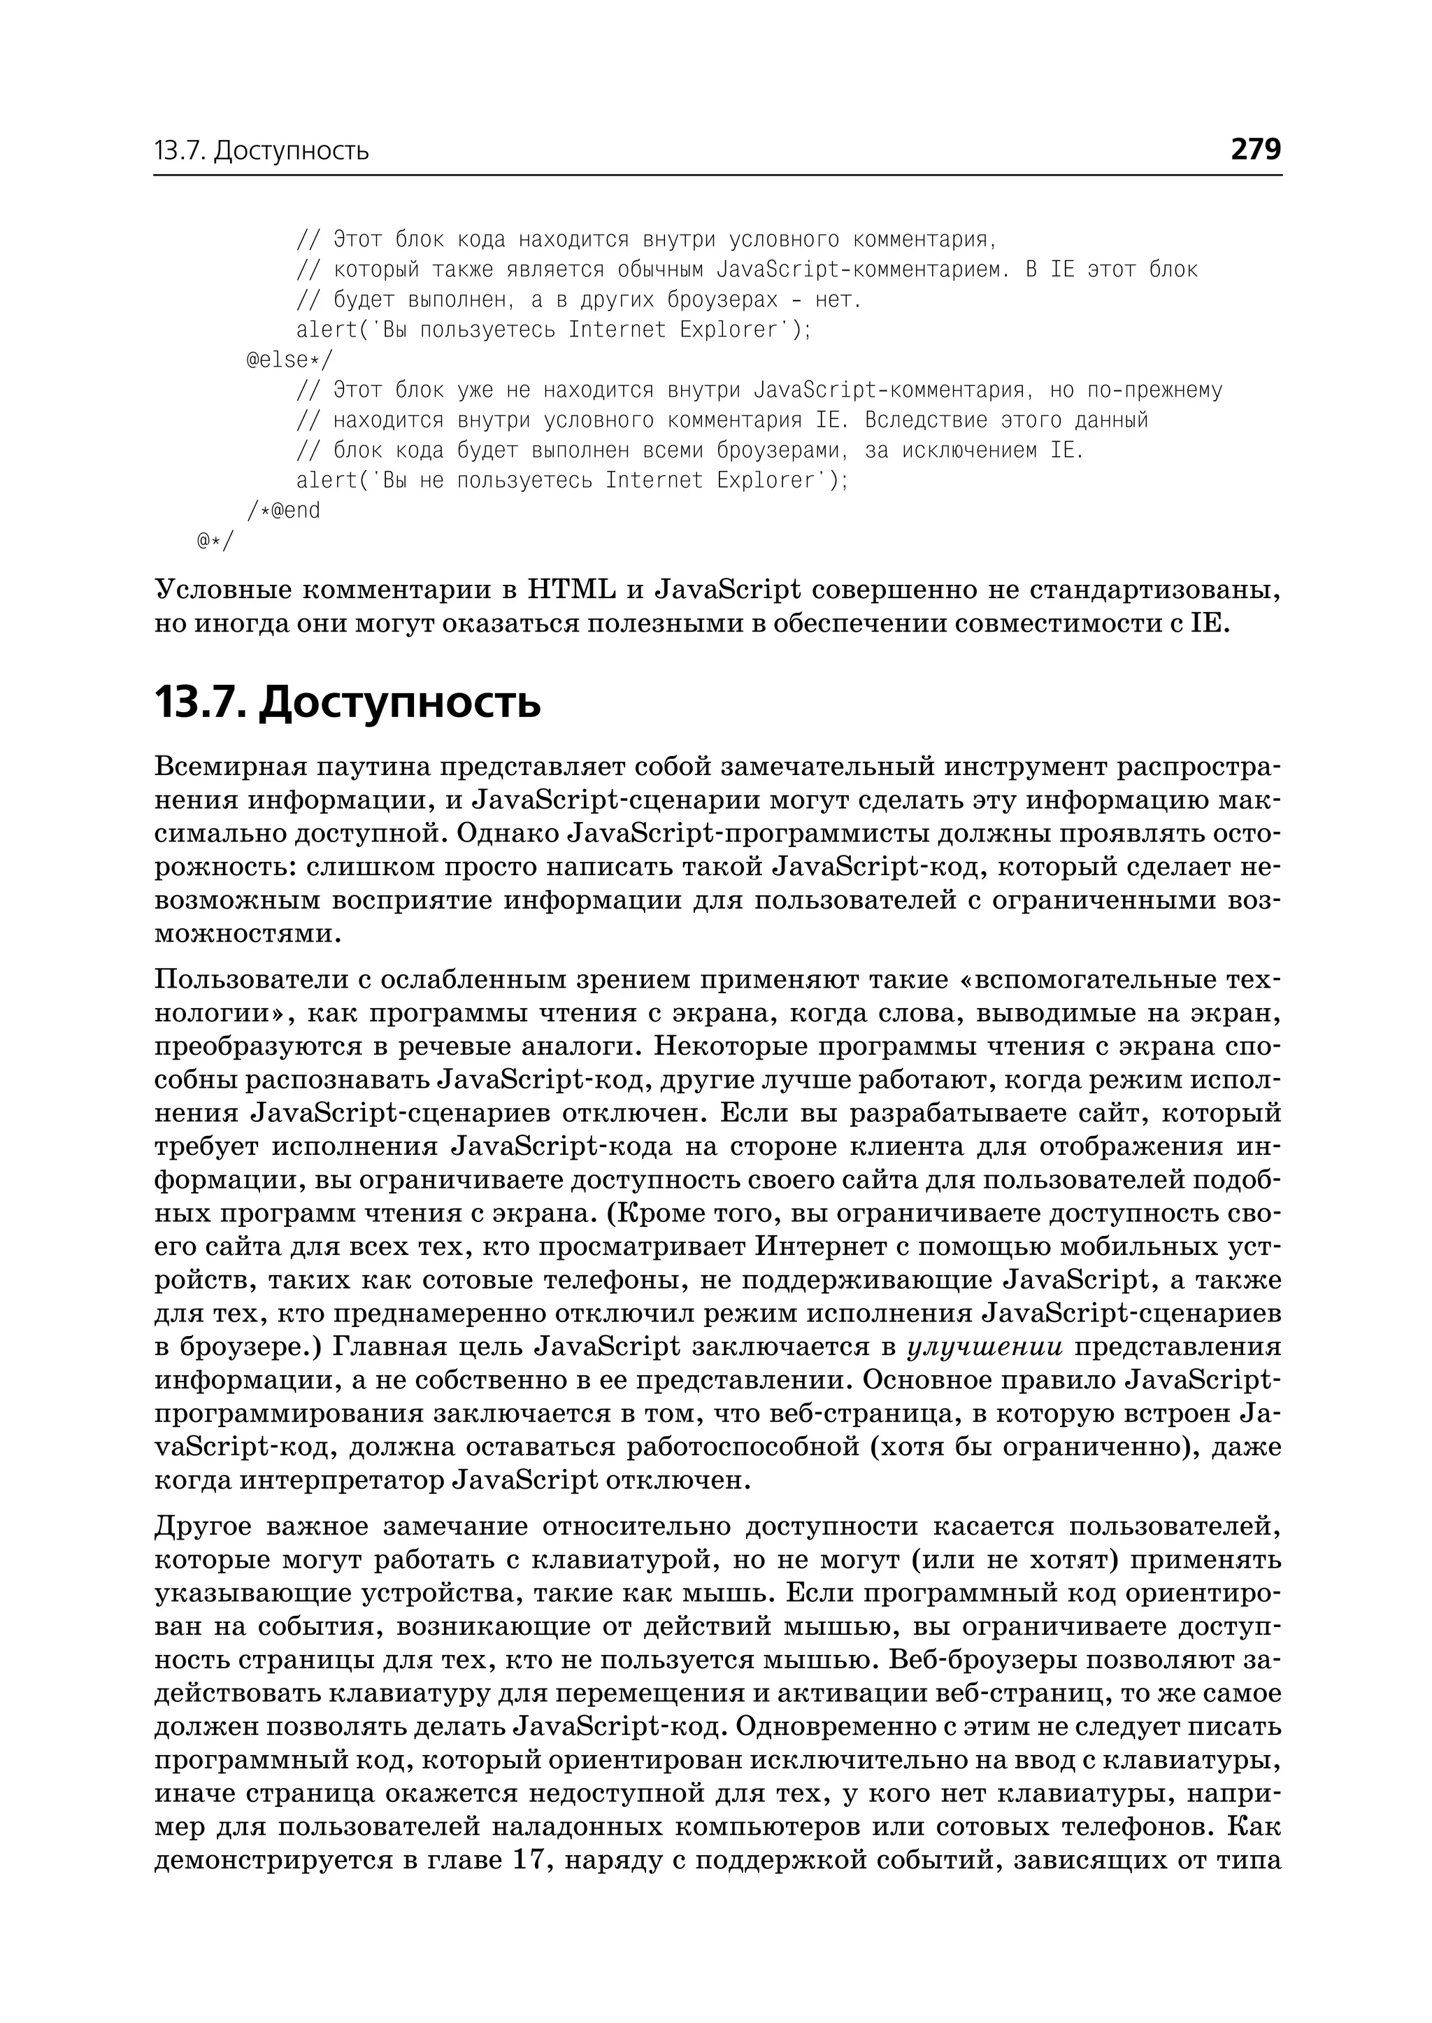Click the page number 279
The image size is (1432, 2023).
(x=1255, y=149)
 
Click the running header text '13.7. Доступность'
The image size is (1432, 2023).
(x=261, y=152)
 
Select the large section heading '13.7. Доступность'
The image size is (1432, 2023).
(x=348, y=703)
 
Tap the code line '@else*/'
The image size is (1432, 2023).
(x=290, y=360)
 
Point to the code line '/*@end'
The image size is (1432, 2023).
(x=284, y=510)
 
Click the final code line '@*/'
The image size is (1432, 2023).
(x=216, y=540)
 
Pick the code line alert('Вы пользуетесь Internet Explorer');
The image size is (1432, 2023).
(x=553, y=330)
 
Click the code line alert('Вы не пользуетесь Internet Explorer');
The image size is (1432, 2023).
(x=571, y=480)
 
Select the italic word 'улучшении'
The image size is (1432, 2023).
(x=985, y=1347)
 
